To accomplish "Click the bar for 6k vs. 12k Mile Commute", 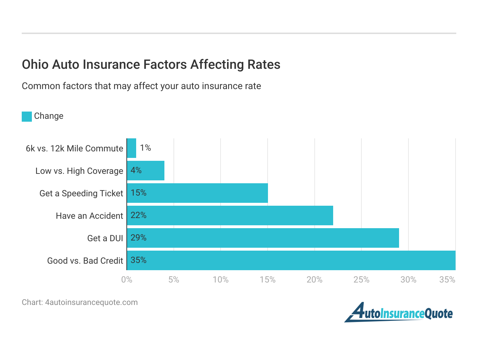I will coord(131,148).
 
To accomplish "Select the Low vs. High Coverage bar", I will coord(146,171).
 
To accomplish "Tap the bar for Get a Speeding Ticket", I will coord(197,193).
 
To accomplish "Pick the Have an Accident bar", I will coord(230,215).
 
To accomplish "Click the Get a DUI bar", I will coord(263,238).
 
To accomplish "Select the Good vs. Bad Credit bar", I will coord(291,260).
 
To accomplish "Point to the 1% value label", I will coord(145,148).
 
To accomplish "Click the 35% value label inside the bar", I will coord(138,260).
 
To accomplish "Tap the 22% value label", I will coord(138,215).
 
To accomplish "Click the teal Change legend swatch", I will coord(27,116).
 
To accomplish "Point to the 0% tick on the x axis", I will coord(127,280).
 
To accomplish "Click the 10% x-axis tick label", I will coord(221,280).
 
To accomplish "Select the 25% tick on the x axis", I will coord(361,280).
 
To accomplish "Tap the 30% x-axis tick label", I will coord(408,280).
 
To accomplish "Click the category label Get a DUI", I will coord(105,238).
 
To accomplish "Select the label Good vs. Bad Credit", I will coord(85,261).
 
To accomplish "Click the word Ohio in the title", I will coord(35,64).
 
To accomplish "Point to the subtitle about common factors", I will coord(141,86).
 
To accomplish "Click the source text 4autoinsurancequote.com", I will coord(91,302).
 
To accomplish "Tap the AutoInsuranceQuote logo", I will coord(398,313).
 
